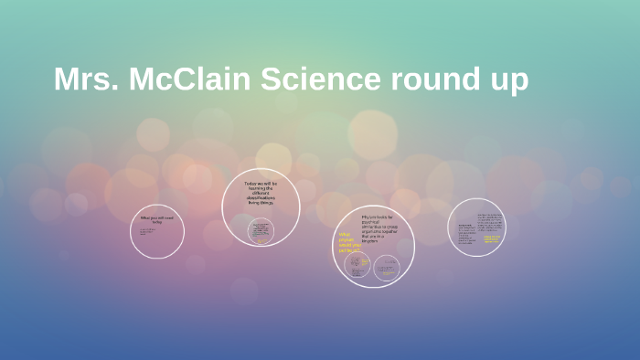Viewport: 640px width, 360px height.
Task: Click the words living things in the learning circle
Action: (x=261, y=202)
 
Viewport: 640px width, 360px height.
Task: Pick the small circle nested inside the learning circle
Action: (x=261, y=230)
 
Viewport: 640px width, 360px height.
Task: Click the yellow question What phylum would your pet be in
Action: (x=349, y=242)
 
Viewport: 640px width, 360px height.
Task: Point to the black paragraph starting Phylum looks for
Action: (x=377, y=229)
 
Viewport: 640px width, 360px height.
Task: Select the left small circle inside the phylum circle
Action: (x=357, y=265)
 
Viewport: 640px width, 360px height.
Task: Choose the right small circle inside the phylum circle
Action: (x=387, y=268)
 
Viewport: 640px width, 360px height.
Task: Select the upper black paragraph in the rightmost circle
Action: (x=491, y=219)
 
